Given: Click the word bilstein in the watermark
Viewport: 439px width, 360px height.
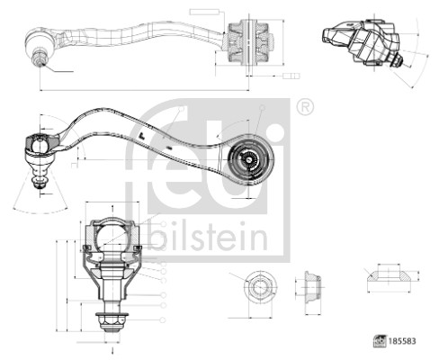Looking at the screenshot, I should pos(209,238).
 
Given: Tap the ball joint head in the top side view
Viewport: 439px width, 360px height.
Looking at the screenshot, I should pos(41,41).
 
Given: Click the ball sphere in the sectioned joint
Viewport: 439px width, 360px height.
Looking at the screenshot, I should pos(112,236).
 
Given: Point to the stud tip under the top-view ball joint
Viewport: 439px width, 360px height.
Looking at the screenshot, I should pos(40,62).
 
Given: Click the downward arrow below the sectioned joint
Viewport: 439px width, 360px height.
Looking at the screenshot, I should pos(112,345).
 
